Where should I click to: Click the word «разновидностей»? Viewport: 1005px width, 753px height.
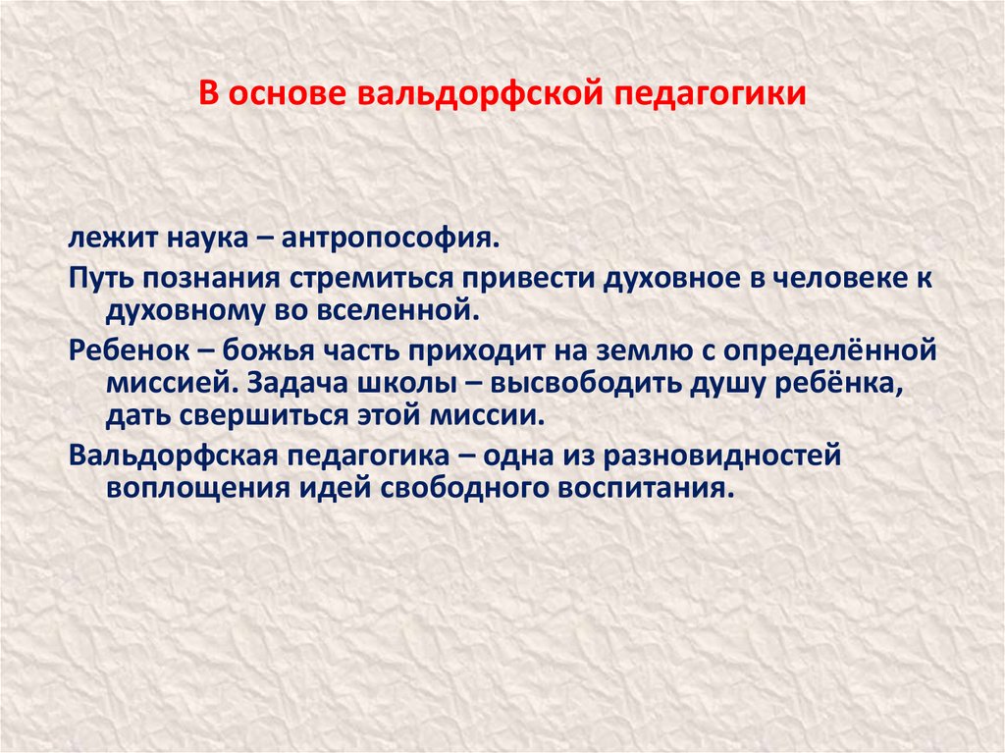[721, 457]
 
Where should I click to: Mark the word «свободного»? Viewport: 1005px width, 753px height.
[461, 489]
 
